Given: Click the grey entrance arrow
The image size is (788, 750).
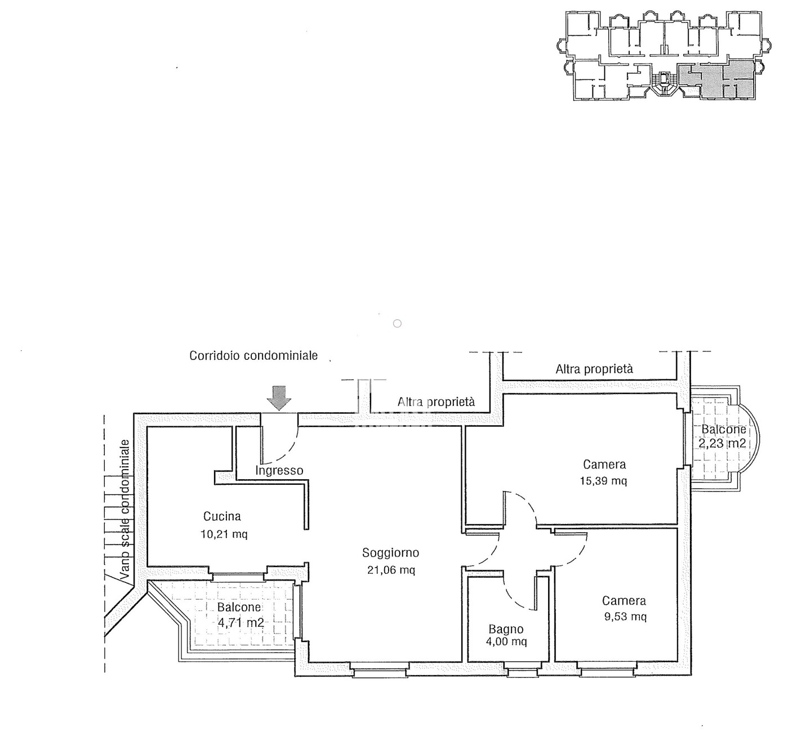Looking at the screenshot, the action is click(279, 398).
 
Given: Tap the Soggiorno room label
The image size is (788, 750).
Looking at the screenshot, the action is click(390, 553).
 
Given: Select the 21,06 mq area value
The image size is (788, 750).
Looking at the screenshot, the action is click(391, 570).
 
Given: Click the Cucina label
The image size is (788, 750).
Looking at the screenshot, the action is click(222, 516).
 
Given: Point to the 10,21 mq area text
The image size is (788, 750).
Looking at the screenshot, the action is click(224, 534).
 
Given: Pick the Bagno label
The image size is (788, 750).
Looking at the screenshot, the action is click(506, 628).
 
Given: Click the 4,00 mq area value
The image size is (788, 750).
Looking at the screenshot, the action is click(506, 641).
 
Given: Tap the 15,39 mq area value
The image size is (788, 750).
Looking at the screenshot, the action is click(603, 480).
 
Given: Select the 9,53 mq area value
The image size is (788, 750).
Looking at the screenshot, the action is click(625, 616).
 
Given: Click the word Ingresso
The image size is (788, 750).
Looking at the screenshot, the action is click(279, 470).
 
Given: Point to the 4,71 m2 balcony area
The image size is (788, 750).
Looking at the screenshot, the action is click(241, 623).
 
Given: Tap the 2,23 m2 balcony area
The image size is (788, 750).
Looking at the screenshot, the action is click(722, 444).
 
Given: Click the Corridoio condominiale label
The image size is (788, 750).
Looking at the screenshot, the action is click(253, 355).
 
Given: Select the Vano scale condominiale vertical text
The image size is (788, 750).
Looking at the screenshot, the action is click(126, 510).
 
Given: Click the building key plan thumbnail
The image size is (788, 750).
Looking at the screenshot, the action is click(665, 56).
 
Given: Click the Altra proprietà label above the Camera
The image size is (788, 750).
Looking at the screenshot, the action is click(594, 369).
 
